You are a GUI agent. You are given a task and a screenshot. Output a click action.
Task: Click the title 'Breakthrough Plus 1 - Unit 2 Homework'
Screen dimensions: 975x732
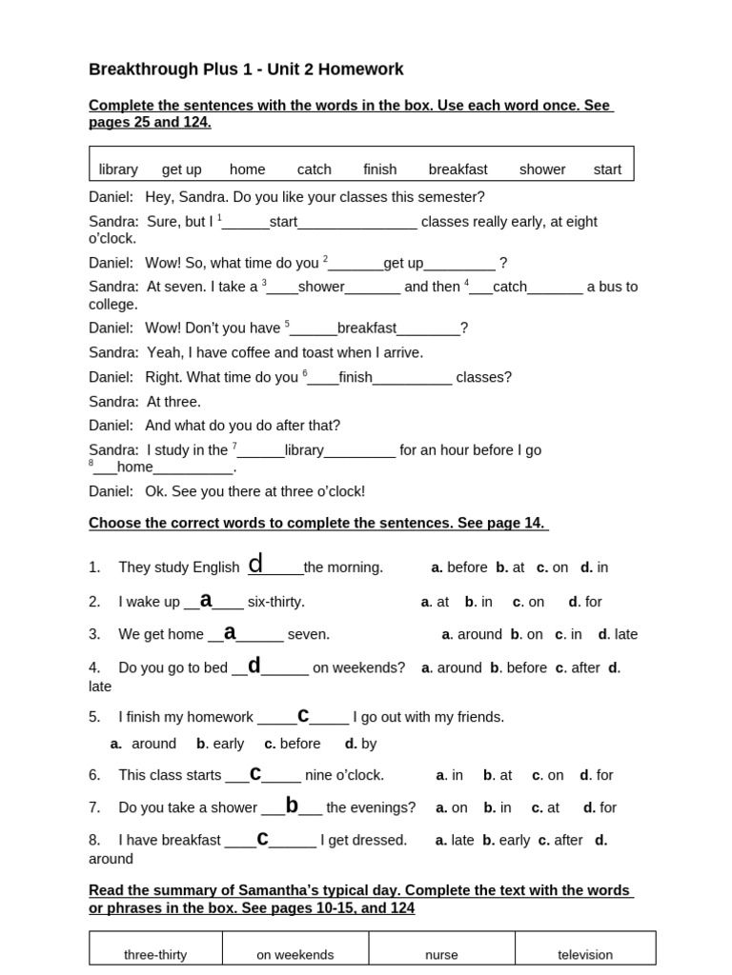[246, 70]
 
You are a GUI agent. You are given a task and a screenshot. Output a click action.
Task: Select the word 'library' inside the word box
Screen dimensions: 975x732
[118, 169]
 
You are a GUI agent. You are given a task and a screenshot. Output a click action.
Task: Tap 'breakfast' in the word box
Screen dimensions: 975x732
[457, 169]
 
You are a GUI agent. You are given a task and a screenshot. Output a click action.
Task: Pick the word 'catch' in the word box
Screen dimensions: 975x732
[314, 169]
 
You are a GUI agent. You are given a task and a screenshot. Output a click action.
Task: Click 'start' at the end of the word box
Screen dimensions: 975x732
[606, 169]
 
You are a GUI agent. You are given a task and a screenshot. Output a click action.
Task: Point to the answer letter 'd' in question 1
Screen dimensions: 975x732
[255, 565]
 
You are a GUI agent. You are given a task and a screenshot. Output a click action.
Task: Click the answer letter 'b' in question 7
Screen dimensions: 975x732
[292, 806]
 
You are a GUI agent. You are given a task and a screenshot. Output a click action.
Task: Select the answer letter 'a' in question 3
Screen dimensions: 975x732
[230, 632]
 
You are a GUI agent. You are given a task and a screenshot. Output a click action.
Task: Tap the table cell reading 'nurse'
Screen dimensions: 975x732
[441, 954]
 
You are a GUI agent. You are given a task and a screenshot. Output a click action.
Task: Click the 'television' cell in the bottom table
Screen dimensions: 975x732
[585, 954]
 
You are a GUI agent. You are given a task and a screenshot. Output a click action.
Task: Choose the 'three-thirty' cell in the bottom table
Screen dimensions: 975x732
[155, 954]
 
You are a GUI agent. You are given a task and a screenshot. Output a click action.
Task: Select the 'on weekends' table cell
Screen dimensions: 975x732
[295, 954]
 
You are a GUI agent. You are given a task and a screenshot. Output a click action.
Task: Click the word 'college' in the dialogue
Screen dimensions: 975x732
[113, 305]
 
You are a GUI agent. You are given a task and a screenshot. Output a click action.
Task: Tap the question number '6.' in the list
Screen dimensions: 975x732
[94, 775]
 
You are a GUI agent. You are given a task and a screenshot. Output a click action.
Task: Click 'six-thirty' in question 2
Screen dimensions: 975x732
[274, 602]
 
